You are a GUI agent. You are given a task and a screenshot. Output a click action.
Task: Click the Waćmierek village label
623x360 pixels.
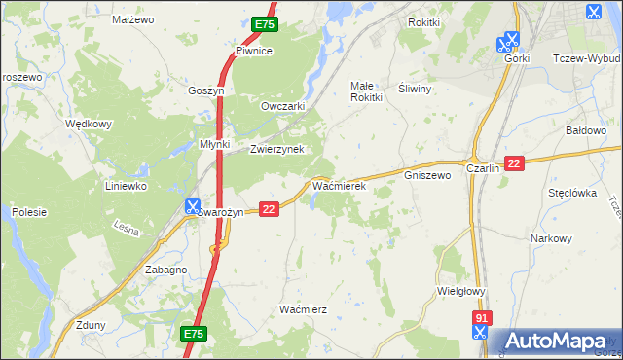click(338, 184)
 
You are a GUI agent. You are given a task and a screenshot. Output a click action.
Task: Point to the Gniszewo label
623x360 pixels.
click(427, 176)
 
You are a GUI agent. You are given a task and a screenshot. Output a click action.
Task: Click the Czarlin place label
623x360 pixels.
click(483, 167)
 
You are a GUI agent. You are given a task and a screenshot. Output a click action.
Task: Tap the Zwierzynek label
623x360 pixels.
click(277, 149)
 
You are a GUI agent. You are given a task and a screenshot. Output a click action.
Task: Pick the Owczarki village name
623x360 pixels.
click(283, 106)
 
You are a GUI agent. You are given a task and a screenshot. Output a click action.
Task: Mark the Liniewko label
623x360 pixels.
click(126, 185)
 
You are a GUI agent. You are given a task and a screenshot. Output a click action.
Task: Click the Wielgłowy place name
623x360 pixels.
click(461, 290)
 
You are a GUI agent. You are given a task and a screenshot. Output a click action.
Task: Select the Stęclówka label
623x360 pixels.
click(571, 193)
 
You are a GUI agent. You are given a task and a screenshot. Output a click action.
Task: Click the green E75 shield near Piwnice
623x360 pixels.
click(264, 24)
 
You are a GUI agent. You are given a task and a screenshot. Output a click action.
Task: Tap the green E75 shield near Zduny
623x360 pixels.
click(194, 334)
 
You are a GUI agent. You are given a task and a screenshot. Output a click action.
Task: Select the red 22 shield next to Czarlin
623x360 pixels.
click(515, 164)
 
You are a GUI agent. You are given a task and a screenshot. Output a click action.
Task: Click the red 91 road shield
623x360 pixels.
click(481, 318)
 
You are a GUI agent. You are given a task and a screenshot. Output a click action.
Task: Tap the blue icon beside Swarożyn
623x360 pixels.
click(193, 206)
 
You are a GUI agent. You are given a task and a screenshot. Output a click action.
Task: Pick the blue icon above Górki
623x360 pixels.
click(507, 42)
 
